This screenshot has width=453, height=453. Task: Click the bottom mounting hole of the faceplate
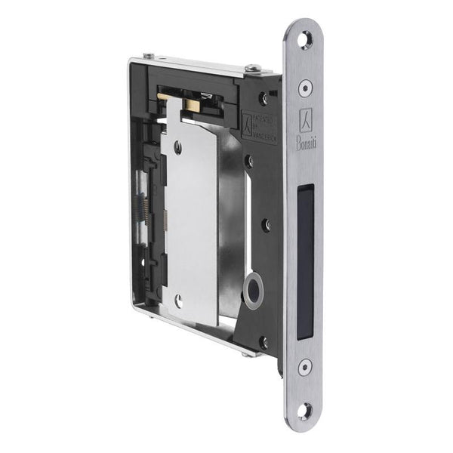click(x=305, y=411)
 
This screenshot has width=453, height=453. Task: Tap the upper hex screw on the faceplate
click(x=305, y=88)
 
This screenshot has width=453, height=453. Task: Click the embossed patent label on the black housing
click(x=257, y=125)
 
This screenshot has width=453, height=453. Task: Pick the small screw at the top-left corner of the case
click(x=147, y=56)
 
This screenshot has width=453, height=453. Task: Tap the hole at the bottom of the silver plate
click(x=178, y=300)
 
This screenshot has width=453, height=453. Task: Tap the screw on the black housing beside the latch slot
click(x=266, y=224)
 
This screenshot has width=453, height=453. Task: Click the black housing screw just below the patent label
click(x=248, y=160)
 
